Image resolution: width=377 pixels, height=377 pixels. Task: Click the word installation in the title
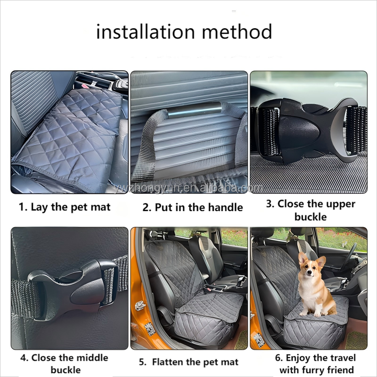coord(146,31)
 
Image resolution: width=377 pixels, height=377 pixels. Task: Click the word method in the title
coord(237,31)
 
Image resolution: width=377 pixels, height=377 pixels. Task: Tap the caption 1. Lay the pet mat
coord(64,207)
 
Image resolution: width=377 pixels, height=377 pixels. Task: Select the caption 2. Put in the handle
coord(193,207)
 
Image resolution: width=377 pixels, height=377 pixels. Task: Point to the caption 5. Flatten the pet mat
coord(188,362)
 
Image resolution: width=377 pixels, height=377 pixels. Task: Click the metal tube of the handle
coord(194,110)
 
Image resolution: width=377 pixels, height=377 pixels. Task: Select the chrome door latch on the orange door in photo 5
coord(140,306)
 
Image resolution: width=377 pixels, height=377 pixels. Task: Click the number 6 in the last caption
coord(279,358)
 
